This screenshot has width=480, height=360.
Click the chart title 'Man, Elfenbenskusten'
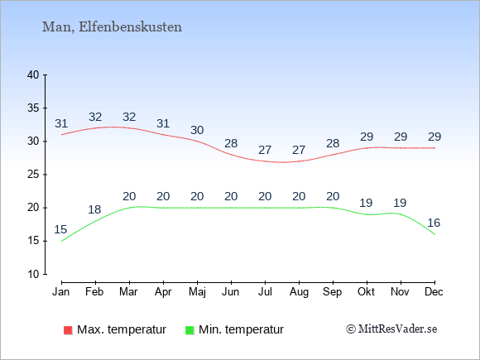click(x=112, y=27)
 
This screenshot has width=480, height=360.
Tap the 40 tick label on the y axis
click(x=33, y=74)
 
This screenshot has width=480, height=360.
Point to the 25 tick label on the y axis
click(x=33, y=175)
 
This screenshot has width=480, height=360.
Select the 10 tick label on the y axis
click(x=33, y=274)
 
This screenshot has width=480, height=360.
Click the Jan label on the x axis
click(x=61, y=292)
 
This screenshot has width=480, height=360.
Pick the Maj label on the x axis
click(x=197, y=292)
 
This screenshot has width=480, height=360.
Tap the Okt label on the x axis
click(x=366, y=292)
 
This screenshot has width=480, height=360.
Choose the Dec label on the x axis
click(x=434, y=292)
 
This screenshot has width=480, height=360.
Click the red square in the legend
click(x=68, y=330)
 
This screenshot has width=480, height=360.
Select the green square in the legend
click(x=190, y=330)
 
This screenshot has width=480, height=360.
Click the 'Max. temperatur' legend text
click(x=122, y=329)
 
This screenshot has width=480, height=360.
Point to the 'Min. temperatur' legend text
click(x=241, y=329)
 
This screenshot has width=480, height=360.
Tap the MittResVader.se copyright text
click(x=391, y=329)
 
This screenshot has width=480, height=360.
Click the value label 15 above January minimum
click(x=60, y=229)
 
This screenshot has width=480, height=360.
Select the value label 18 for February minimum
click(x=94, y=209)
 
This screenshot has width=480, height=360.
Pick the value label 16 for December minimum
click(x=434, y=223)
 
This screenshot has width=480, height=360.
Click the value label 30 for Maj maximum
click(x=197, y=131)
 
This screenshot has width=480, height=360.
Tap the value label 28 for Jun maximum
click(x=231, y=143)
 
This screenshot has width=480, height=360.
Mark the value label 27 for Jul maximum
click(x=265, y=151)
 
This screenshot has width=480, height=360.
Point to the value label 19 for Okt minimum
click(x=366, y=203)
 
